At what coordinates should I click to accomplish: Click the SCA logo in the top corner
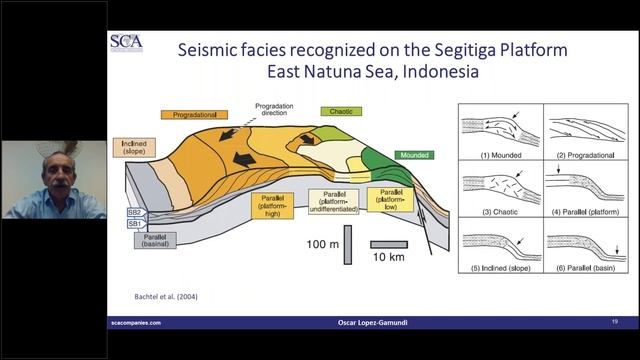pyautogui.click(x=127, y=45)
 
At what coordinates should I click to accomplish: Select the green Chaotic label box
pyautogui.click(x=338, y=111)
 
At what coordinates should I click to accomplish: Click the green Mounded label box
pyautogui.click(x=412, y=156)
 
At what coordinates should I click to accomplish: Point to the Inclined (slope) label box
pyautogui.click(x=137, y=147)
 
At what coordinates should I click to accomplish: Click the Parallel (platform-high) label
pyautogui.click(x=273, y=208)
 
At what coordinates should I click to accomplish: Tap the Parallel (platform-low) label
pyautogui.click(x=390, y=198)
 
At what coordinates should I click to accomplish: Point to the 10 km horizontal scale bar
pyautogui.click(x=385, y=244)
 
